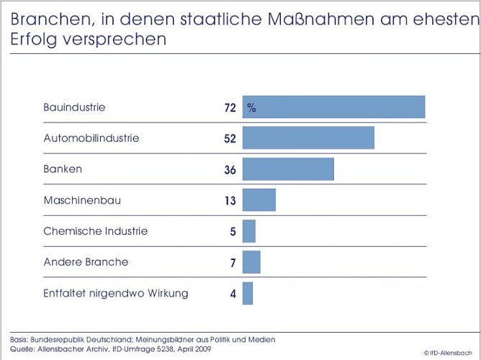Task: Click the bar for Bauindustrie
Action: pos(333,107)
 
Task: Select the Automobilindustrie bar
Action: pos(308,138)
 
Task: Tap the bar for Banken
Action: pos(288,169)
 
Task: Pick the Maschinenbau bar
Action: pos(259,200)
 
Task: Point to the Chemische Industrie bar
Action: pos(248,231)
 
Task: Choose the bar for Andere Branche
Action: pos(251,263)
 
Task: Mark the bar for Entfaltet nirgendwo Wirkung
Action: pos(248,294)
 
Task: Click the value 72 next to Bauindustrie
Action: pos(230,108)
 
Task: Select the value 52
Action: pos(230,139)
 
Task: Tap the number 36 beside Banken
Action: pos(230,170)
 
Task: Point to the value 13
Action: pos(230,201)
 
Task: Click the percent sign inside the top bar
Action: pos(252,108)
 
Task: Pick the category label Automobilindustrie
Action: pos(91,138)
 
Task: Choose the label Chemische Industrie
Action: pos(96,231)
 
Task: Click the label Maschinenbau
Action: pos(82,200)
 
